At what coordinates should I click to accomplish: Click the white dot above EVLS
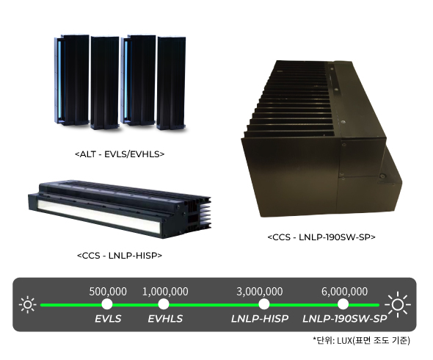click(x=107, y=304)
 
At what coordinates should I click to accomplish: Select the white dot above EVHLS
click(x=164, y=304)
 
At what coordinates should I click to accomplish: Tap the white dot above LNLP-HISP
click(x=264, y=304)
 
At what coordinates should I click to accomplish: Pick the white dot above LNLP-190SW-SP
click(x=343, y=304)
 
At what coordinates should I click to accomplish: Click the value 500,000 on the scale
click(x=108, y=292)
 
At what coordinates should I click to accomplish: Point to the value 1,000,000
click(x=165, y=292)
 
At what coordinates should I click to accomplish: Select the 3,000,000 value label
click(x=260, y=292)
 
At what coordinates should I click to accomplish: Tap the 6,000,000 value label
click(x=344, y=292)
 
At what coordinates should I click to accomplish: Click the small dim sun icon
click(x=28, y=305)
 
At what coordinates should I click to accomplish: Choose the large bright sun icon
click(x=398, y=304)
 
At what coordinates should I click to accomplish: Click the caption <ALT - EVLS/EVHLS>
click(x=120, y=154)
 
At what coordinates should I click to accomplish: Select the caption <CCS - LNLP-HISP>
click(x=120, y=255)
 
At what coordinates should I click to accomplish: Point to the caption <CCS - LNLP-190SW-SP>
click(x=321, y=237)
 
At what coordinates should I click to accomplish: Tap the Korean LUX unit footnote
click(x=362, y=340)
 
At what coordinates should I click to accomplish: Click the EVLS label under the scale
click(x=108, y=319)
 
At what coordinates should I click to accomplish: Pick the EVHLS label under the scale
click(x=165, y=319)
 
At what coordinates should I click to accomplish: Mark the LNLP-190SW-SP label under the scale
click(x=345, y=319)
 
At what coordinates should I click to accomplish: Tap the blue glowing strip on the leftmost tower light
click(x=59, y=79)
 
